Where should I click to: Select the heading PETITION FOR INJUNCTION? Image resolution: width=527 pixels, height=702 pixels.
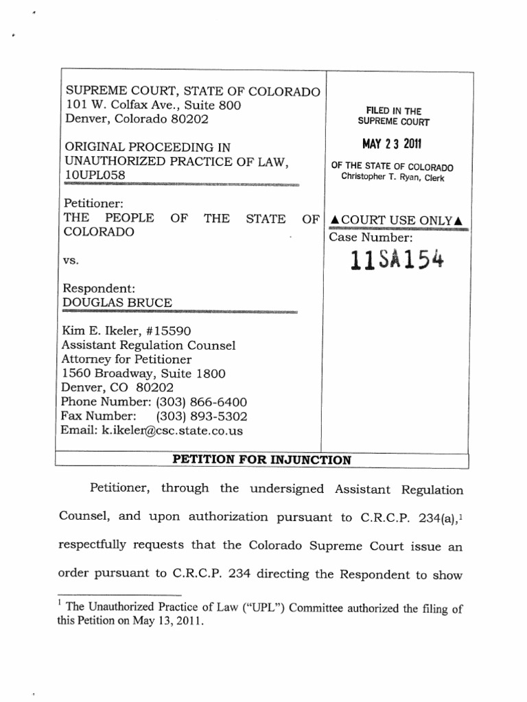[x=261, y=460]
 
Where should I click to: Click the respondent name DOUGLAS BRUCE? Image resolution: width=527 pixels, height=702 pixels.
[x=118, y=302]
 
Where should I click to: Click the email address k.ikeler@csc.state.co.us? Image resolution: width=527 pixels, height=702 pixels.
[x=153, y=431]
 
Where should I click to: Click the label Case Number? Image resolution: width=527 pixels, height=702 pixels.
[x=371, y=238]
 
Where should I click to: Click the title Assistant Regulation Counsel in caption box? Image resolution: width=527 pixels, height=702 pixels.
[x=148, y=346]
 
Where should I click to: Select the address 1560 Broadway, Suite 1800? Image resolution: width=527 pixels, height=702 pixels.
[x=143, y=374]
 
